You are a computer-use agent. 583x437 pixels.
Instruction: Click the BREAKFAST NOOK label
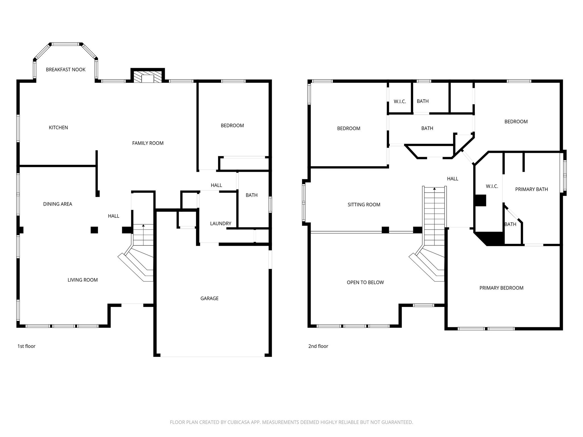click(x=65, y=70)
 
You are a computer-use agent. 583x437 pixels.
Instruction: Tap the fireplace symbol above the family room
click(x=147, y=77)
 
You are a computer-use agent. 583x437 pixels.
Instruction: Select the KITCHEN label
click(x=58, y=127)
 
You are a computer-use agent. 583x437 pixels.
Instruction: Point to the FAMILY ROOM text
click(x=148, y=143)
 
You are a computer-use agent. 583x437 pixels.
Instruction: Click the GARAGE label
click(x=209, y=298)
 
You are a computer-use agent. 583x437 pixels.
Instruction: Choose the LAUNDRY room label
click(x=220, y=223)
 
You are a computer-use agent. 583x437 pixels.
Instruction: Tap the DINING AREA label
click(x=58, y=204)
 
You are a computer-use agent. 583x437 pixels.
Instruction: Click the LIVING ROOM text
click(x=83, y=280)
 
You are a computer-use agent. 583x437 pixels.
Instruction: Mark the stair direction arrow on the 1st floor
click(x=143, y=226)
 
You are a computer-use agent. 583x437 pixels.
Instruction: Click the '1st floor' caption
click(x=26, y=346)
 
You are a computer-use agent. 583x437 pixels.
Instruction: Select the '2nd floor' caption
click(x=318, y=346)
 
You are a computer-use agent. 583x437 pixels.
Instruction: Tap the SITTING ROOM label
click(x=364, y=205)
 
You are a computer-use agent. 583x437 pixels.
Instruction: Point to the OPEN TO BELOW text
click(x=365, y=283)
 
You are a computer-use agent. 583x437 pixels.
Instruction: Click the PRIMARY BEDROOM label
click(x=501, y=288)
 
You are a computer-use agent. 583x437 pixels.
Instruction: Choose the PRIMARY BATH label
click(x=531, y=189)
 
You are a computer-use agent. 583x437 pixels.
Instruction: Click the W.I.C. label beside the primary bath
click(x=492, y=186)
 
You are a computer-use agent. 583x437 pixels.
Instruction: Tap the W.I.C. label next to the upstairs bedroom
click(x=400, y=102)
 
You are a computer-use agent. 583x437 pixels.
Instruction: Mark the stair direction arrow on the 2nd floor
click(x=434, y=189)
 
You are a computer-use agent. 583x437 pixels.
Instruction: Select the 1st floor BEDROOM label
click(x=232, y=125)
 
